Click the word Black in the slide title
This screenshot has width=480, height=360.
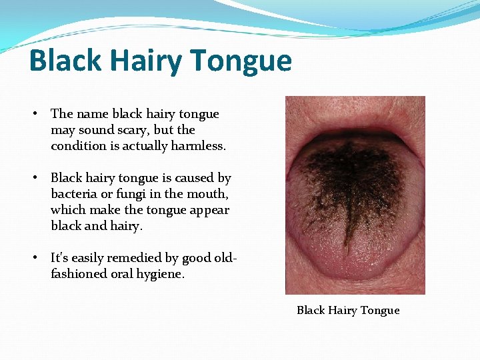click(64, 61)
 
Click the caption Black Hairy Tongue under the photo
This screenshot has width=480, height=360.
click(348, 310)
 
